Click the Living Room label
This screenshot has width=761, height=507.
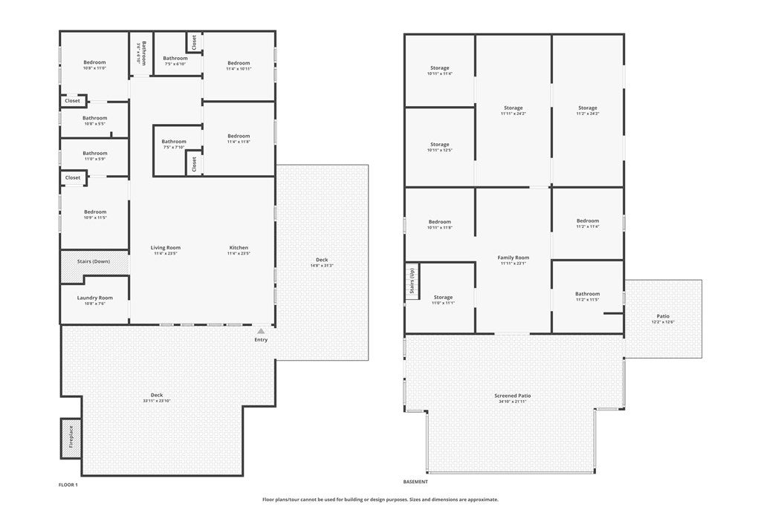(x=166, y=248)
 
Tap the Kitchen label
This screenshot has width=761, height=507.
(x=239, y=248)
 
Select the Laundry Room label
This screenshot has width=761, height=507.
(x=94, y=298)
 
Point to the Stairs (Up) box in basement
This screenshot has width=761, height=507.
(x=412, y=282)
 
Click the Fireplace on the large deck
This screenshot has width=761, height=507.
(x=71, y=438)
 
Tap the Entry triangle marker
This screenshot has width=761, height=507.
(x=261, y=331)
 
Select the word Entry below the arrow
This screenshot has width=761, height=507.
(x=261, y=340)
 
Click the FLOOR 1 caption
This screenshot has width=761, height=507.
(x=68, y=485)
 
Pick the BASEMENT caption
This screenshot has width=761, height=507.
(x=416, y=481)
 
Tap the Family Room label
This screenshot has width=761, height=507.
(x=513, y=258)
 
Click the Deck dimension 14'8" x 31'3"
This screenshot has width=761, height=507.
(x=322, y=266)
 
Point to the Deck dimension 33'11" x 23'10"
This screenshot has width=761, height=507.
(x=157, y=401)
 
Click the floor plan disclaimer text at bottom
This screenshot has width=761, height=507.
(x=380, y=500)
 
